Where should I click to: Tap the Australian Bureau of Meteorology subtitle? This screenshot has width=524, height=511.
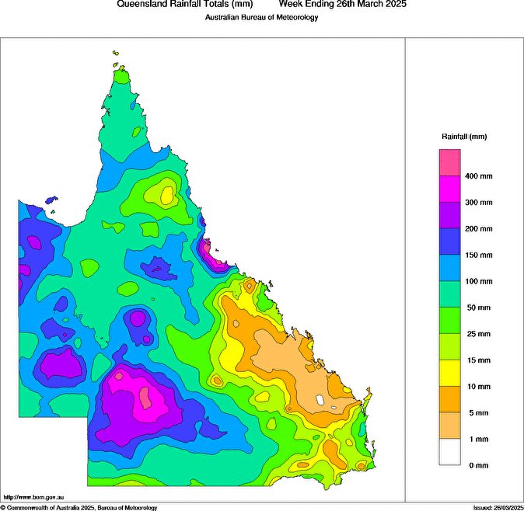[x=261, y=17]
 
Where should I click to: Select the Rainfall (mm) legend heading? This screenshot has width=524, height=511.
[x=464, y=137]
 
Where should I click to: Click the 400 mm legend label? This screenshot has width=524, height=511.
[x=479, y=176]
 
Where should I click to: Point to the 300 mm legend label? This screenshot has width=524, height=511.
[x=479, y=203]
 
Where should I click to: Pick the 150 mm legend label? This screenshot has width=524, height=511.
[x=479, y=255]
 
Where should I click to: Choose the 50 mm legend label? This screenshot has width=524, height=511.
[x=477, y=308]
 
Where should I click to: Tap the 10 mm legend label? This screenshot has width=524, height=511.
[x=477, y=387]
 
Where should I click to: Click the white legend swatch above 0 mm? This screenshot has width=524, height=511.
[x=449, y=452]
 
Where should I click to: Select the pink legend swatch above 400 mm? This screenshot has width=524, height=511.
[x=449, y=163]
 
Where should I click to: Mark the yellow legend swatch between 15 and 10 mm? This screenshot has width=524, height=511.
[x=449, y=374]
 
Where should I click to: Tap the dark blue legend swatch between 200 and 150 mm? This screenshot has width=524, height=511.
[x=449, y=242]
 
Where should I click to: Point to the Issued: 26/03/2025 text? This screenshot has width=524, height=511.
[x=498, y=507]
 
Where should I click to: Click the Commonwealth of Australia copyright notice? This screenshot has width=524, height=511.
[x=79, y=507]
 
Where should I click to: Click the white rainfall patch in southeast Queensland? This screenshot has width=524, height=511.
[x=320, y=400]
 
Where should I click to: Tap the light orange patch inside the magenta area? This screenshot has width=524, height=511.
[x=145, y=398]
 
